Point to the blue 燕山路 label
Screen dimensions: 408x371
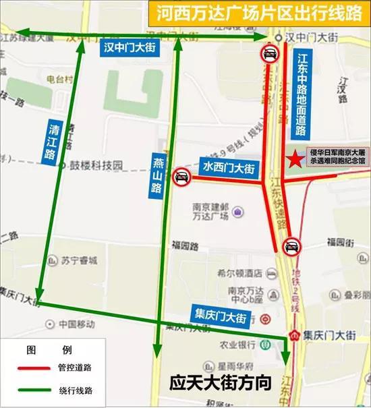(x=157, y=173)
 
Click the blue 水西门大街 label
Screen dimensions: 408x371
(x=224, y=164)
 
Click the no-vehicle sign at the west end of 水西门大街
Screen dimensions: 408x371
(x=181, y=177)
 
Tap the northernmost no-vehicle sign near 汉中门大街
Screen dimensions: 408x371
(x=269, y=55)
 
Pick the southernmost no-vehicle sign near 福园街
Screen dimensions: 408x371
(x=291, y=248)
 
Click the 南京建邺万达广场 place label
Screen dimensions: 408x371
(x=207, y=214)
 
